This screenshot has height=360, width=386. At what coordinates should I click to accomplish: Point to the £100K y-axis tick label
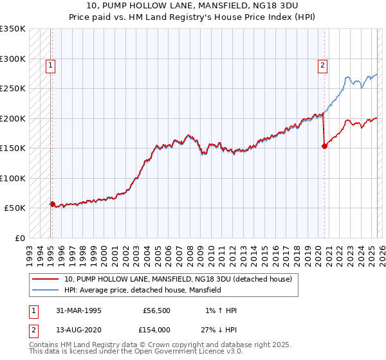(13, 178)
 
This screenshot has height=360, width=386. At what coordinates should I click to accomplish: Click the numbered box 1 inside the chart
(50, 64)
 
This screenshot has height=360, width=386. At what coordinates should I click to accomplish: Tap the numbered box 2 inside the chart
(322, 64)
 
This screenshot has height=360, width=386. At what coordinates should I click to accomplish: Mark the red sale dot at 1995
(52, 204)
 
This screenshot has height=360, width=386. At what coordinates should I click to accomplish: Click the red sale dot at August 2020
(324, 146)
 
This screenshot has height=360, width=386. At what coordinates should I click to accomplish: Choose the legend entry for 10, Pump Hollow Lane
(178, 279)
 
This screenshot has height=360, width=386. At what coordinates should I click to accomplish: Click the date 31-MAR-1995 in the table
(78, 310)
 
